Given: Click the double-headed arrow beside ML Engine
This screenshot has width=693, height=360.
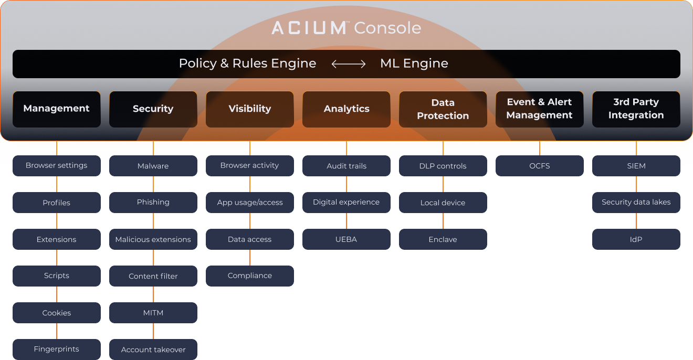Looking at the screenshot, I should pos(349,64).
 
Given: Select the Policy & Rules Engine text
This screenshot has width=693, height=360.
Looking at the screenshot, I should pos(247,63).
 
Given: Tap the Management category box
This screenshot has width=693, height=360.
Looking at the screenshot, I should pos(57,109).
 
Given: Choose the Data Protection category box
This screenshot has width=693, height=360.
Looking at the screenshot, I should pos(443,109).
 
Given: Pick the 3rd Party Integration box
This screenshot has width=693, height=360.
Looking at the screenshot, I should pos(636,109).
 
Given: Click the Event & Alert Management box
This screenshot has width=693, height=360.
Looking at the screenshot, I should pos(539,109).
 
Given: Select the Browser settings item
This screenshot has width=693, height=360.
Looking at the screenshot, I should pos(57,166).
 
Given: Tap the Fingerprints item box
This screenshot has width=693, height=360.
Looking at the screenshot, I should pos(57,350).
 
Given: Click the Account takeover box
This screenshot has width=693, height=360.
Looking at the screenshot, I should pos(153,350).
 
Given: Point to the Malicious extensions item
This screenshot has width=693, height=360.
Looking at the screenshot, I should pos(153,239).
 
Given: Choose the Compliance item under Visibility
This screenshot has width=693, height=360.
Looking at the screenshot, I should pos(250,276).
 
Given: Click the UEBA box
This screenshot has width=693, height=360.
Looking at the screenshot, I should pos(346,239).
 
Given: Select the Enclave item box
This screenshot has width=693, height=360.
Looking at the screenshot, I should pos(443,239).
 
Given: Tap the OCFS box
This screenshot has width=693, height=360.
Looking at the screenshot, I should pos(540,166).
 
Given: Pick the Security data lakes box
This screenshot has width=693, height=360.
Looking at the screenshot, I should pos(636,203).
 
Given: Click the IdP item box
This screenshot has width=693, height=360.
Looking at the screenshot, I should pos(636,239).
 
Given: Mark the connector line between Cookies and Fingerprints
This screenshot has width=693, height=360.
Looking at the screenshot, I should pos(57,331).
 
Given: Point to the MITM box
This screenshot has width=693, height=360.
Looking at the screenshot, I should pos(153,313).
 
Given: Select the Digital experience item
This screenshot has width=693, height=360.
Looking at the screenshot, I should pos(346,203).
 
